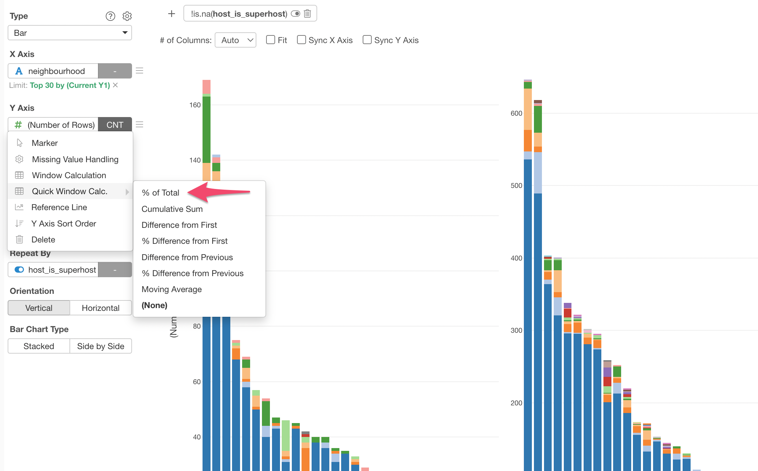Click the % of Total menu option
pos(160,193)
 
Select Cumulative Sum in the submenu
pos(172,209)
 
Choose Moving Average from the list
pos(172,289)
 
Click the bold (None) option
pos(155,305)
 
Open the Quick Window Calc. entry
pos(69,191)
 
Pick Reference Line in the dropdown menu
pos(59,207)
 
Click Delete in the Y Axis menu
pos(43,240)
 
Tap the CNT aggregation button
pos(115,125)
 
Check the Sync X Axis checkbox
pos(302,40)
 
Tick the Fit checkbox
pos(271,40)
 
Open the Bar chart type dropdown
pos(70,33)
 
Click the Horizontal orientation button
pos(101,308)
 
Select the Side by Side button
pos(101,346)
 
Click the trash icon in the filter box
pos(307,14)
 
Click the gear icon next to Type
pos(127,16)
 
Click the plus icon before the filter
pos(172,14)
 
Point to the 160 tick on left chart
pos(195,105)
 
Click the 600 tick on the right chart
pos(516,113)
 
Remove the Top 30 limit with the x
pos(116,85)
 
